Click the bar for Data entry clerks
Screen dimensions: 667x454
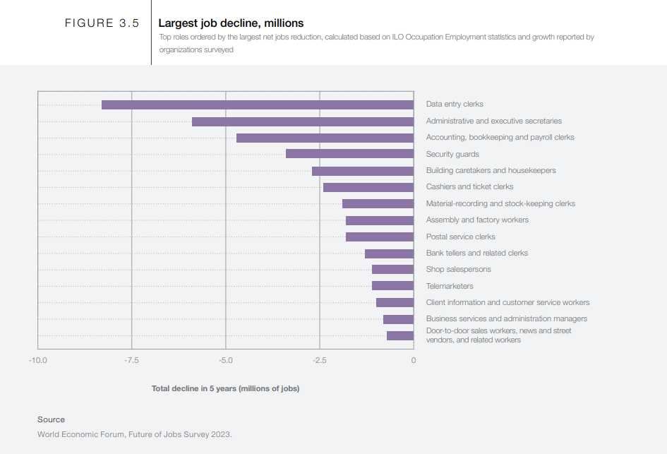coord(258,104)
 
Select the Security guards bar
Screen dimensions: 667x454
coord(349,154)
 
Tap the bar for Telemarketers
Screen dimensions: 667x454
coord(392,285)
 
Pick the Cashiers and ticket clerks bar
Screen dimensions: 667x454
coord(368,187)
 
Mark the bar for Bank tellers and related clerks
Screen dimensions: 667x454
coord(389,253)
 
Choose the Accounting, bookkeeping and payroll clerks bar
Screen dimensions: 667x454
coord(325,138)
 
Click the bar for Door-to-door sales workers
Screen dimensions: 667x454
coord(400,335)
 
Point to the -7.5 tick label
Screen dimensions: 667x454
coord(131,360)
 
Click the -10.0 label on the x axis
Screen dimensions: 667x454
coord(38,360)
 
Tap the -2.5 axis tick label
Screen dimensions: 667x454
coord(320,360)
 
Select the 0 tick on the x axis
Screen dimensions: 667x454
coord(414,360)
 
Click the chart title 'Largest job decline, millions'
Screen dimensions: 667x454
coord(231,23)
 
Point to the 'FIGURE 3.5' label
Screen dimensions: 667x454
coord(102,23)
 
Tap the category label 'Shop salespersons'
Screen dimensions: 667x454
coord(459,269)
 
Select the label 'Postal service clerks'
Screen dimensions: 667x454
coord(461,237)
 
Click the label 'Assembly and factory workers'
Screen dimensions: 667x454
coord(477,220)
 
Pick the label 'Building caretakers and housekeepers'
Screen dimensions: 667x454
coord(491,171)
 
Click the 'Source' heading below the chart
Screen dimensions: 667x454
coord(51,419)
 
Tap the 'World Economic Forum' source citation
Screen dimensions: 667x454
coord(135,434)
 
